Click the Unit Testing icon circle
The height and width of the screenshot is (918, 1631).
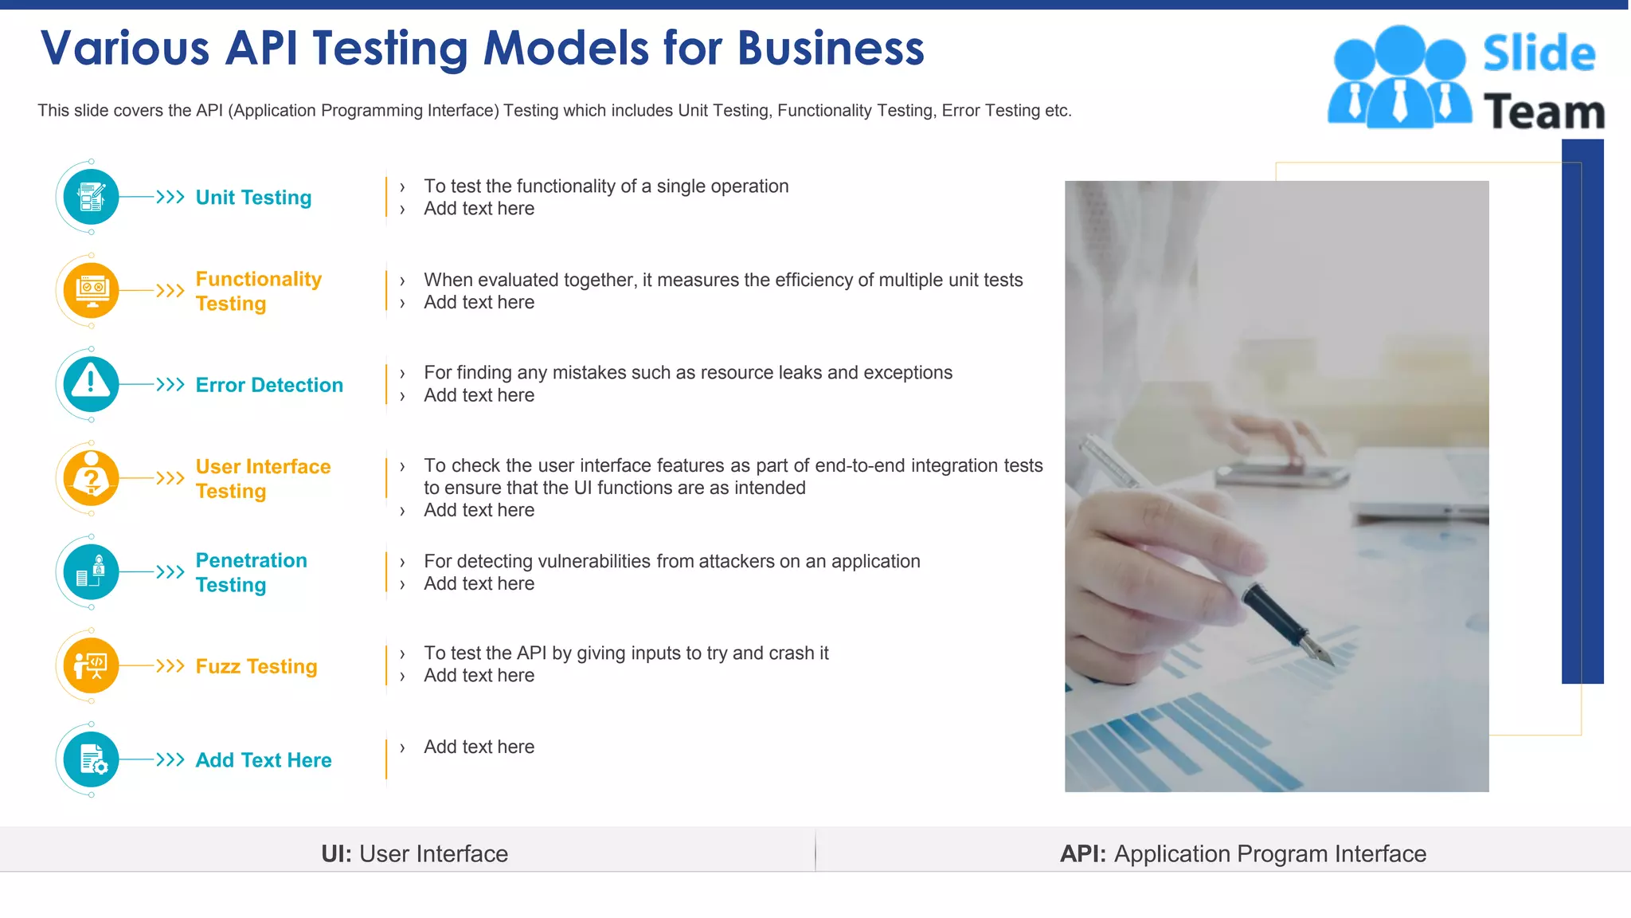click(91, 197)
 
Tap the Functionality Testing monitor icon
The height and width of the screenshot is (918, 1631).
click(91, 291)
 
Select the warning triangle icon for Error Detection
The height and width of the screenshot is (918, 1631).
click(91, 384)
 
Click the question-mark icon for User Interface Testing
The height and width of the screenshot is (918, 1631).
click(91, 478)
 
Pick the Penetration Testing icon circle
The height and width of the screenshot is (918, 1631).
click(91, 572)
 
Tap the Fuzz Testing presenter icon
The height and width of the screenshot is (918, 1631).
click(91, 665)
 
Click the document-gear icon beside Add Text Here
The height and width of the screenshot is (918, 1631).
click(91, 759)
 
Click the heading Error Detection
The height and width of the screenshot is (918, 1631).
click(269, 385)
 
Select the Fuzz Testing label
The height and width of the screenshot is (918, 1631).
click(256, 666)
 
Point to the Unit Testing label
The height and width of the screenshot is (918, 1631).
click(253, 198)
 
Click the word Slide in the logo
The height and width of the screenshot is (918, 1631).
click(1539, 53)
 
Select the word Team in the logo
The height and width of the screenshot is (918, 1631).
click(1543, 112)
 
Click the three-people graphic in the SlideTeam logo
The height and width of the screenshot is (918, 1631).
click(1399, 77)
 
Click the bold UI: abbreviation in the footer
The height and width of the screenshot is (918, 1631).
click(336, 853)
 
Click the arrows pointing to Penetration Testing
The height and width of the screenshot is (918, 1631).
click(170, 572)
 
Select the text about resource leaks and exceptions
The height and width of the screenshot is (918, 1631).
click(688, 373)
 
